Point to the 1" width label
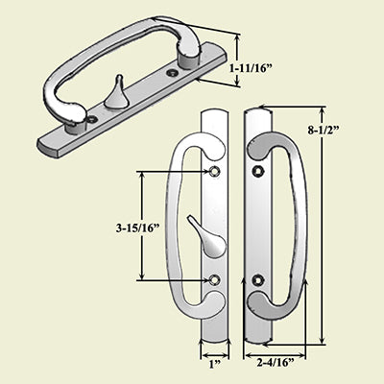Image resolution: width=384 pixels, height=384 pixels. tap(214, 363)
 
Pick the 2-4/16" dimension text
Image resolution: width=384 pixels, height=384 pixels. tap(276, 363)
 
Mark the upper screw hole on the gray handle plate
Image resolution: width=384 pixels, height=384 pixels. tap(257, 171)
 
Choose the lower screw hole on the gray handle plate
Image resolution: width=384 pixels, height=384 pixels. tap(257, 280)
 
